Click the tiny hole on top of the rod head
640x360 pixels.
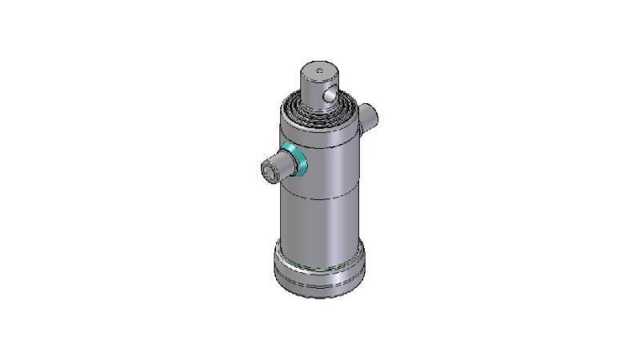(x=319, y=71)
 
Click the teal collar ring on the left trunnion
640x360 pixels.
(x=294, y=160)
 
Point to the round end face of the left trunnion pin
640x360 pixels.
(x=269, y=171)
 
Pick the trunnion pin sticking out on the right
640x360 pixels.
(x=369, y=117)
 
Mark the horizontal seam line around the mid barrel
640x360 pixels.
(x=320, y=197)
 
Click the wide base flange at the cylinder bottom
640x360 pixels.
(x=320, y=272)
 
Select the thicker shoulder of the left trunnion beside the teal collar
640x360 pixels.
(x=284, y=165)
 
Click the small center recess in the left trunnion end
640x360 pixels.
(x=268, y=172)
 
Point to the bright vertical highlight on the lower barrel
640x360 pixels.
(x=298, y=224)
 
